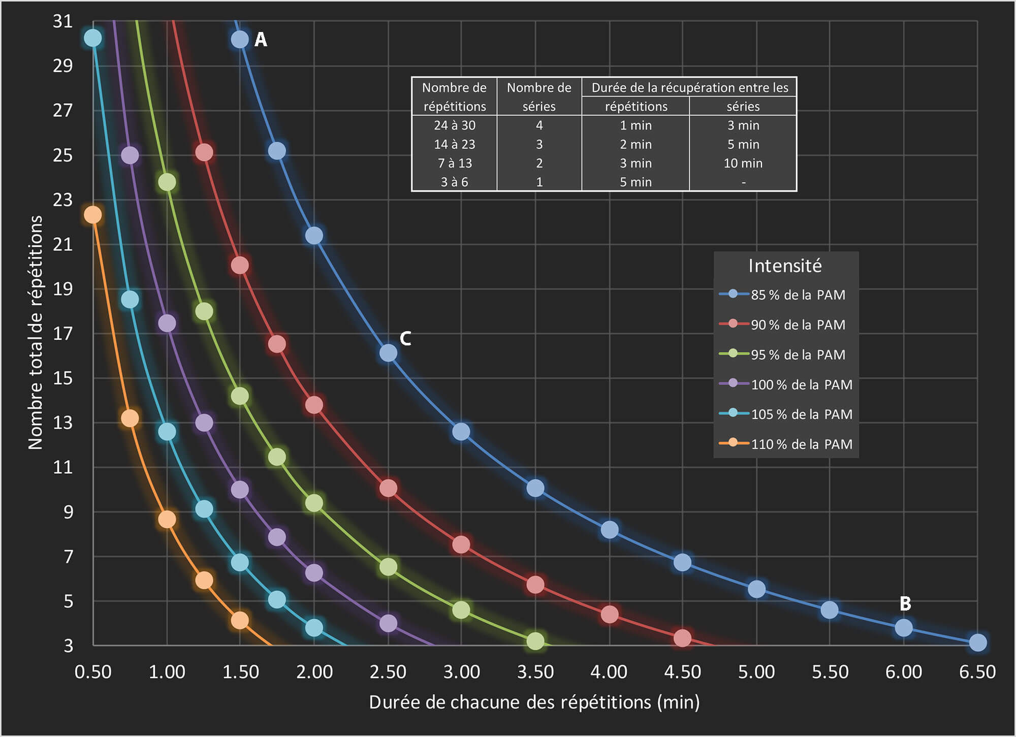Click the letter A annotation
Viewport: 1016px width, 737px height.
[261, 40]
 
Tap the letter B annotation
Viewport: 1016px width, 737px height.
[905, 603]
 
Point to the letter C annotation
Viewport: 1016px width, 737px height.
[405, 338]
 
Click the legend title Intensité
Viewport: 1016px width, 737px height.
[785, 266]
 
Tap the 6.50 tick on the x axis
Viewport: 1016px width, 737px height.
[977, 672]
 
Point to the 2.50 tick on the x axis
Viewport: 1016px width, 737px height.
[388, 672]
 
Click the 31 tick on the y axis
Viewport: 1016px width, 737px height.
[63, 21]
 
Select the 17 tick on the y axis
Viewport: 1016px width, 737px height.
[63, 334]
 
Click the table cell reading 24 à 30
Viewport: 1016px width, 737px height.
[454, 125]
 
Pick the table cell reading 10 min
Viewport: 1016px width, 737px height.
[743, 163]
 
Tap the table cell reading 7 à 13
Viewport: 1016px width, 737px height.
[454, 163]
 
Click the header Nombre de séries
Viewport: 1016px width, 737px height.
[539, 97]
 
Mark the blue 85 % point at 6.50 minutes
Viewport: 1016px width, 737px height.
[977, 643]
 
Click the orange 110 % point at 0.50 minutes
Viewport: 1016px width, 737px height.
[92, 215]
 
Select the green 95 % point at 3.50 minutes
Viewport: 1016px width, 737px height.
[535, 641]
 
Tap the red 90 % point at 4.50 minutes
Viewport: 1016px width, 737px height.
[682, 638]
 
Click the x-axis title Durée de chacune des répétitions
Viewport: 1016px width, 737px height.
[534, 702]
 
